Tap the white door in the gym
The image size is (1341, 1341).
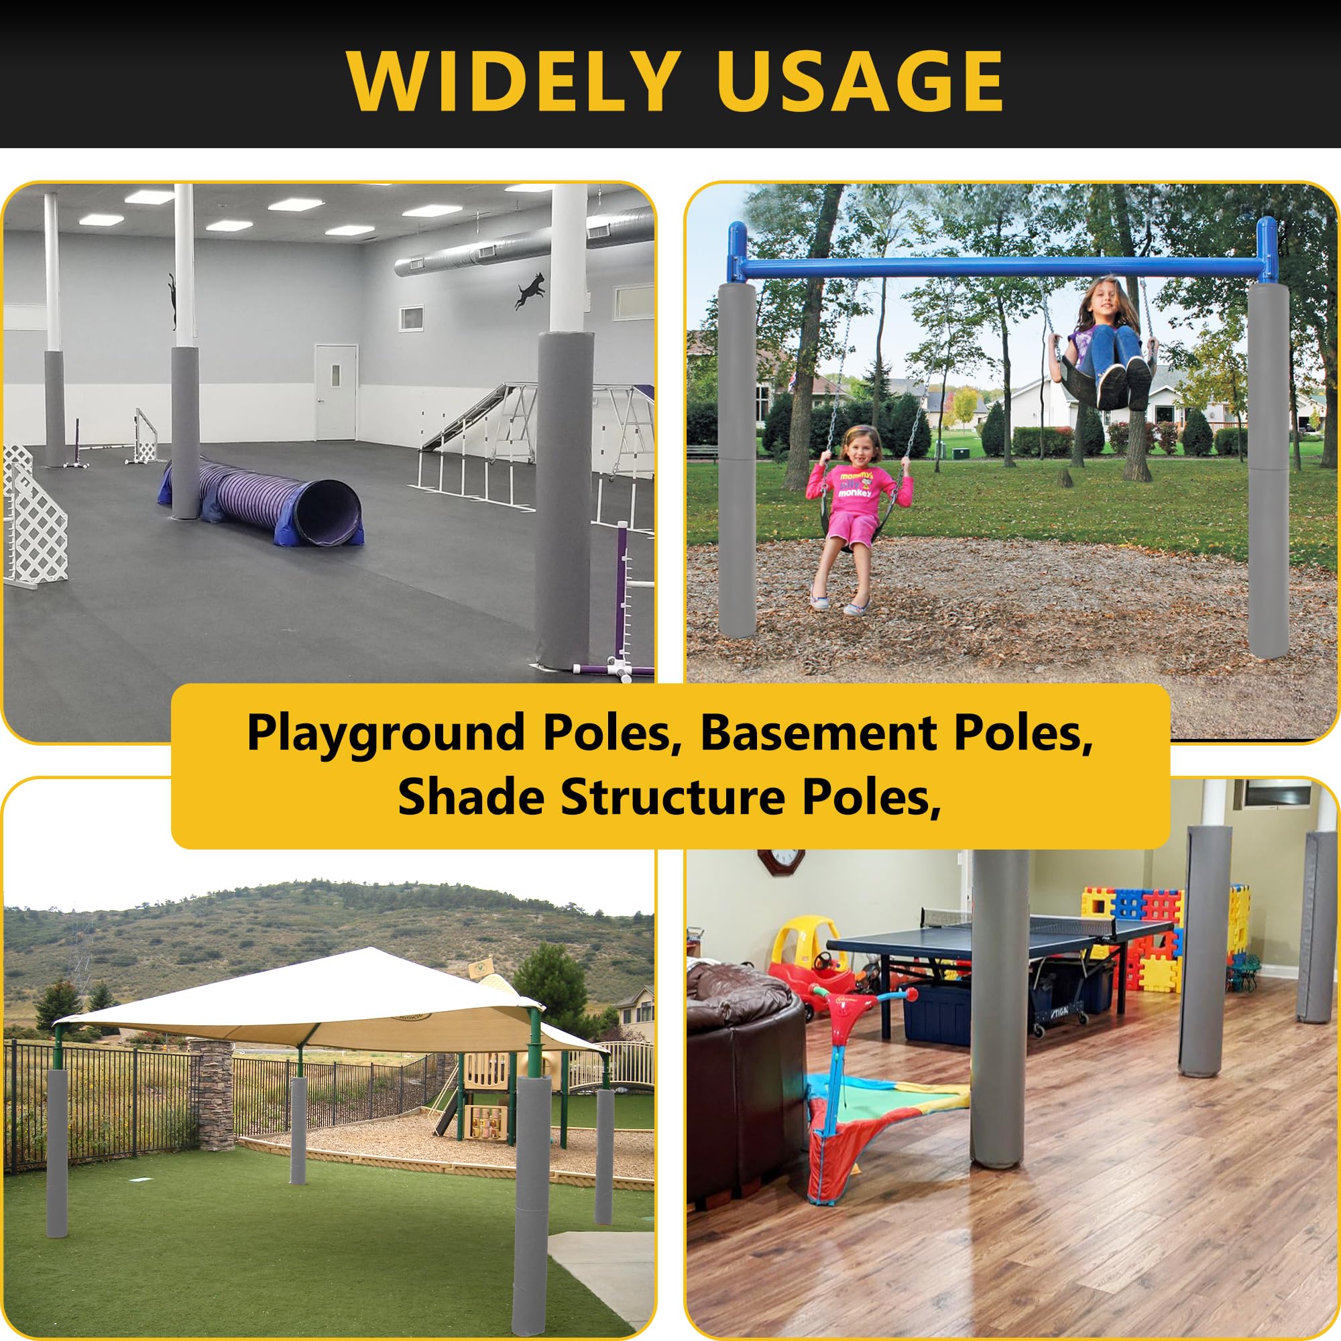(336, 392)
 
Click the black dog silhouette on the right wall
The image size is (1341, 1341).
(530, 290)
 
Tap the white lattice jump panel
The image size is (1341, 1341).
(34, 517)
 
